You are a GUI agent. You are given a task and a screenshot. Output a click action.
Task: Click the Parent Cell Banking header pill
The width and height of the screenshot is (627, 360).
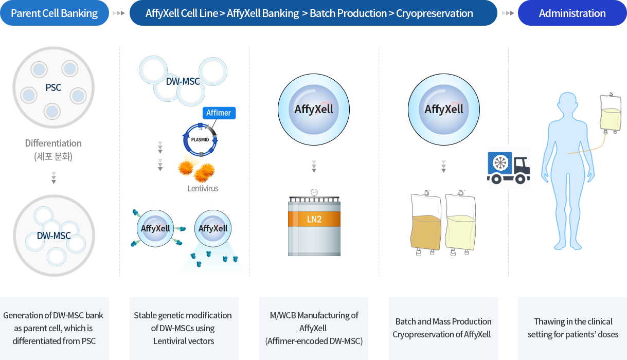pyautogui.click(x=55, y=13)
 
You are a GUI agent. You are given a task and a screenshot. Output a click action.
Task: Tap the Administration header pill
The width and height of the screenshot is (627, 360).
pyautogui.click(x=572, y=13)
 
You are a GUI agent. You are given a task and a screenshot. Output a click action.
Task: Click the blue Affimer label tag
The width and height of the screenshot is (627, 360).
pyautogui.click(x=219, y=113)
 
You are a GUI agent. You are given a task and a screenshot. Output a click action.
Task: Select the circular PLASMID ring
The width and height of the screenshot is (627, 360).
pyautogui.click(x=185, y=140)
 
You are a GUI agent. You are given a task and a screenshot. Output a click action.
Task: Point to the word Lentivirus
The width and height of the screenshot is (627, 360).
pyautogui.click(x=203, y=188)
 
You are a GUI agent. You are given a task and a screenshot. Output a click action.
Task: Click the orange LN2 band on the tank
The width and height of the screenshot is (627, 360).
pyautogui.click(x=314, y=219)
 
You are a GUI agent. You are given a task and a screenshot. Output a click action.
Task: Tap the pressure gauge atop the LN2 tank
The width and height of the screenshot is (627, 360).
pyautogui.click(x=314, y=192)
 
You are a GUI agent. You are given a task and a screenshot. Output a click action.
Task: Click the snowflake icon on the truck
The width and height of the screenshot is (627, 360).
pyautogui.click(x=500, y=163)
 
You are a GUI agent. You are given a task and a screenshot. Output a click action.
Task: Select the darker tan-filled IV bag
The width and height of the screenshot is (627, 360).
pyautogui.click(x=425, y=223)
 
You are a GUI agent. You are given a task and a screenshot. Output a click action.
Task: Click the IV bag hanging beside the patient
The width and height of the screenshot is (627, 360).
pyautogui.click(x=611, y=113)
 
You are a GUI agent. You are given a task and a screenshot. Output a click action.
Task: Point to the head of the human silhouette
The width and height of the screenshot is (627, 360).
pyautogui.click(x=567, y=103)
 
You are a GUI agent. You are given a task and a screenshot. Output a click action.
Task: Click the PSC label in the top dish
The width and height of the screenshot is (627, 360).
pyautogui.click(x=53, y=87)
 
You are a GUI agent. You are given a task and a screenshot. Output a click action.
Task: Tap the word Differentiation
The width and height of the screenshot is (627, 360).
pyautogui.click(x=53, y=143)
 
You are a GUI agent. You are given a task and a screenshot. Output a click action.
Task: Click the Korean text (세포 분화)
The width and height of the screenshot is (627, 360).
pyautogui.click(x=53, y=156)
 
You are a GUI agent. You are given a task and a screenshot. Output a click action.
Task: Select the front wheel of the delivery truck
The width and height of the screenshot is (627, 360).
pyautogui.click(x=521, y=178)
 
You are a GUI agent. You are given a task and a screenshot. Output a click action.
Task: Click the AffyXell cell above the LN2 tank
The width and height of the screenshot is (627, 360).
pyautogui.click(x=314, y=110)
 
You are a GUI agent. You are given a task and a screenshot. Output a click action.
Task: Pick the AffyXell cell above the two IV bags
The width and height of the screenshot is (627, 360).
pyautogui.click(x=444, y=110)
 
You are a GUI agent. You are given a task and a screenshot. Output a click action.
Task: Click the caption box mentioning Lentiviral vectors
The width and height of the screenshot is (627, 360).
pyautogui.click(x=184, y=328)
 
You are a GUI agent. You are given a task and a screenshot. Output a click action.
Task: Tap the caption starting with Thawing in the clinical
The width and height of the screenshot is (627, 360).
pyautogui.click(x=572, y=328)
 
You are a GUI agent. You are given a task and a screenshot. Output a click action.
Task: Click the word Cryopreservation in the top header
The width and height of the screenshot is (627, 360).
pyautogui.click(x=435, y=13)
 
